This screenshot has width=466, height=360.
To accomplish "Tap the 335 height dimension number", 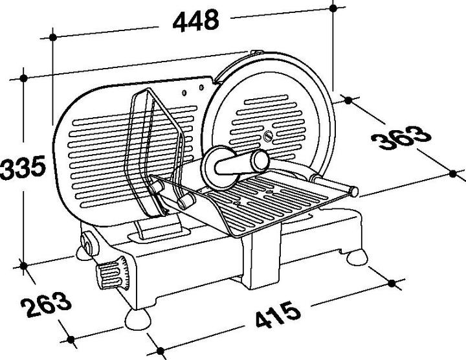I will tap(23, 168).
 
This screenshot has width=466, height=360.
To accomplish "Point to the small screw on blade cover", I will tap(269, 135).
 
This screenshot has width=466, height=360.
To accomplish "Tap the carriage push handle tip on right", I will tap(354, 190).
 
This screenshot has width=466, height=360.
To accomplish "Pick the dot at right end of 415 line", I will tap(393, 282).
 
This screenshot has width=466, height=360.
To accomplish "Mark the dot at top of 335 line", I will tap(24, 78).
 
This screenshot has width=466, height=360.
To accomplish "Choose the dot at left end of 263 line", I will tap(24, 264).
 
